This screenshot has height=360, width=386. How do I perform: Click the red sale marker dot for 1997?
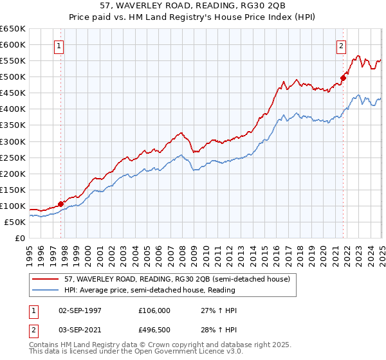pyautogui.click(x=61, y=204)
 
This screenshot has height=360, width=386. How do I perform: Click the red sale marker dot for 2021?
pyautogui.click(x=343, y=78)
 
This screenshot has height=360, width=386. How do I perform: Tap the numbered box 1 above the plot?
pyautogui.click(x=59, y=46)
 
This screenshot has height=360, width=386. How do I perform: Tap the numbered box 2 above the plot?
pyautogui.click(x=340, y=46)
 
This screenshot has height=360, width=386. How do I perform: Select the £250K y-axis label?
pyautogui.click(x=12, y=157)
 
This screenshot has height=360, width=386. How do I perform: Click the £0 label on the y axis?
pyautogui.click(x=19, y=238)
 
